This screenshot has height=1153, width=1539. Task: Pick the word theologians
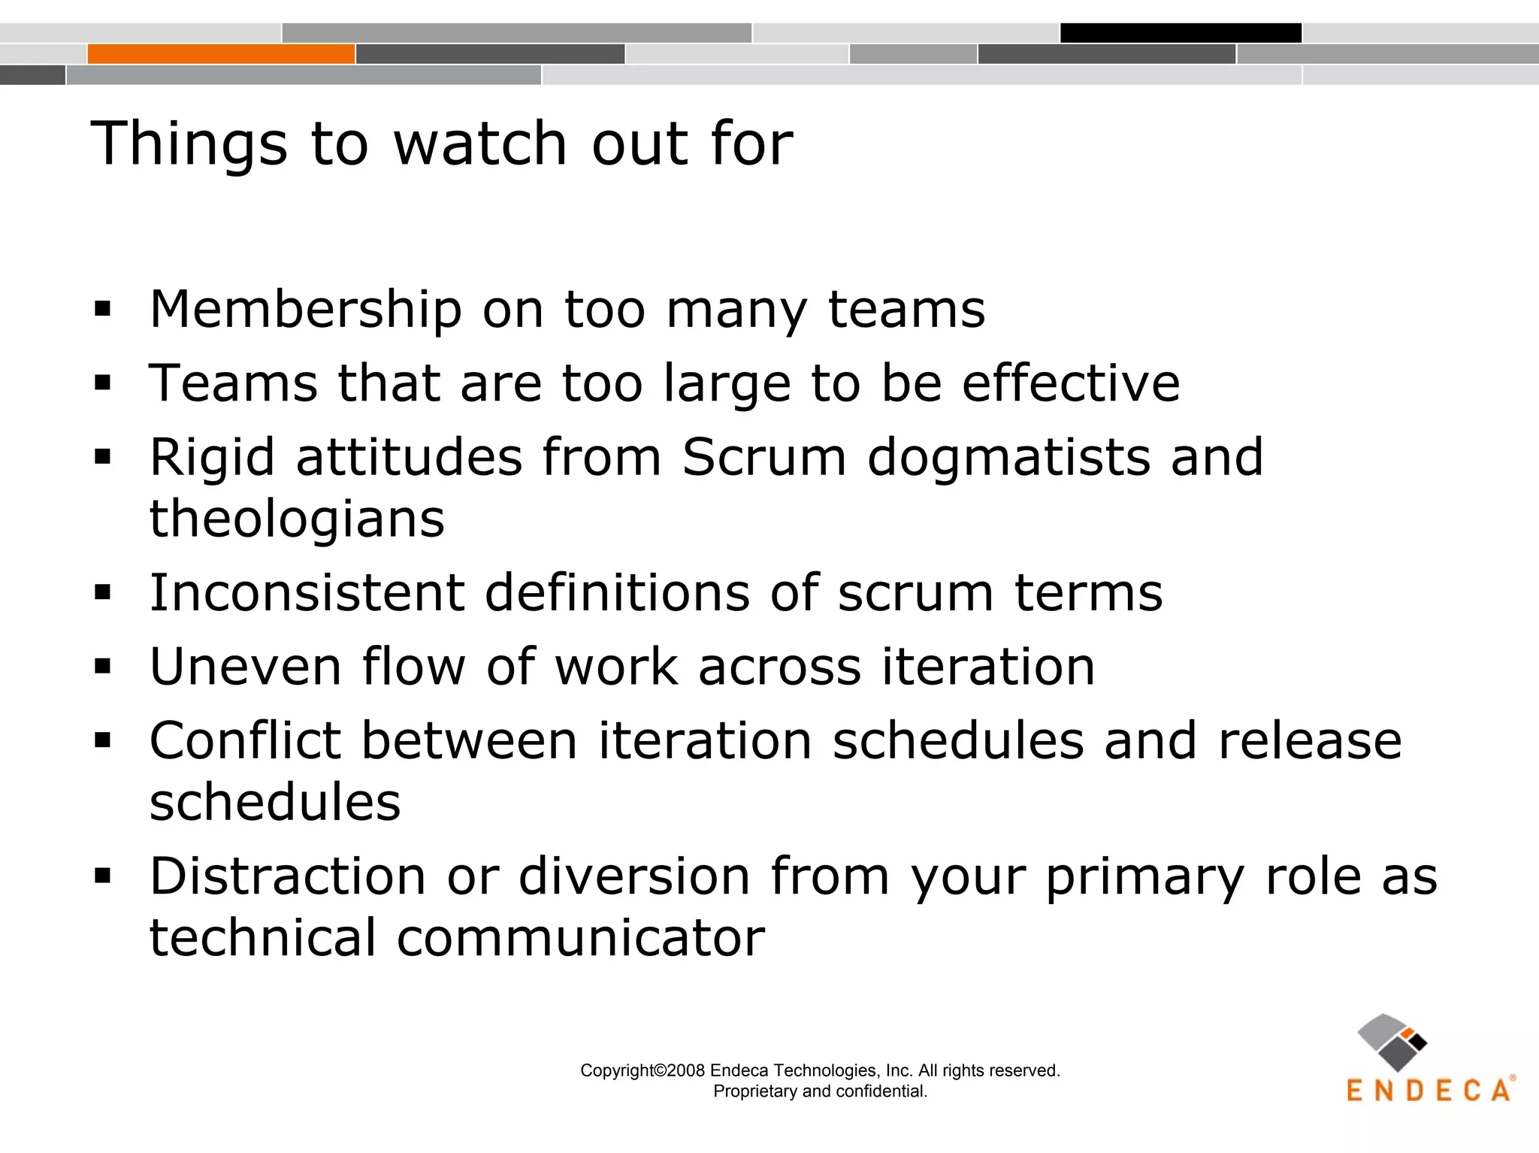click(297, 519)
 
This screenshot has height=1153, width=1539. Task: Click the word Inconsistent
click(307, 593)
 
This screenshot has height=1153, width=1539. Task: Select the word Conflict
click(245, 741)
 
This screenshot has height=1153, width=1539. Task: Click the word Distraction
click(288, 876)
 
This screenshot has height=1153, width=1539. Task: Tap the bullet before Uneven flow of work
click(103, 667)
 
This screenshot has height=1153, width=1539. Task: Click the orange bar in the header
click(221, 54)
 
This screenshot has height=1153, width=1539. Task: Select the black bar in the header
click(1181, 33)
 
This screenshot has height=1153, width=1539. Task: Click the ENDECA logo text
click(1429, 1091)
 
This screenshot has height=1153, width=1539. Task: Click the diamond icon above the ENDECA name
click(1392, 1042)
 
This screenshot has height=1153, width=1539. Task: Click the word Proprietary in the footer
click(755, 1091)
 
